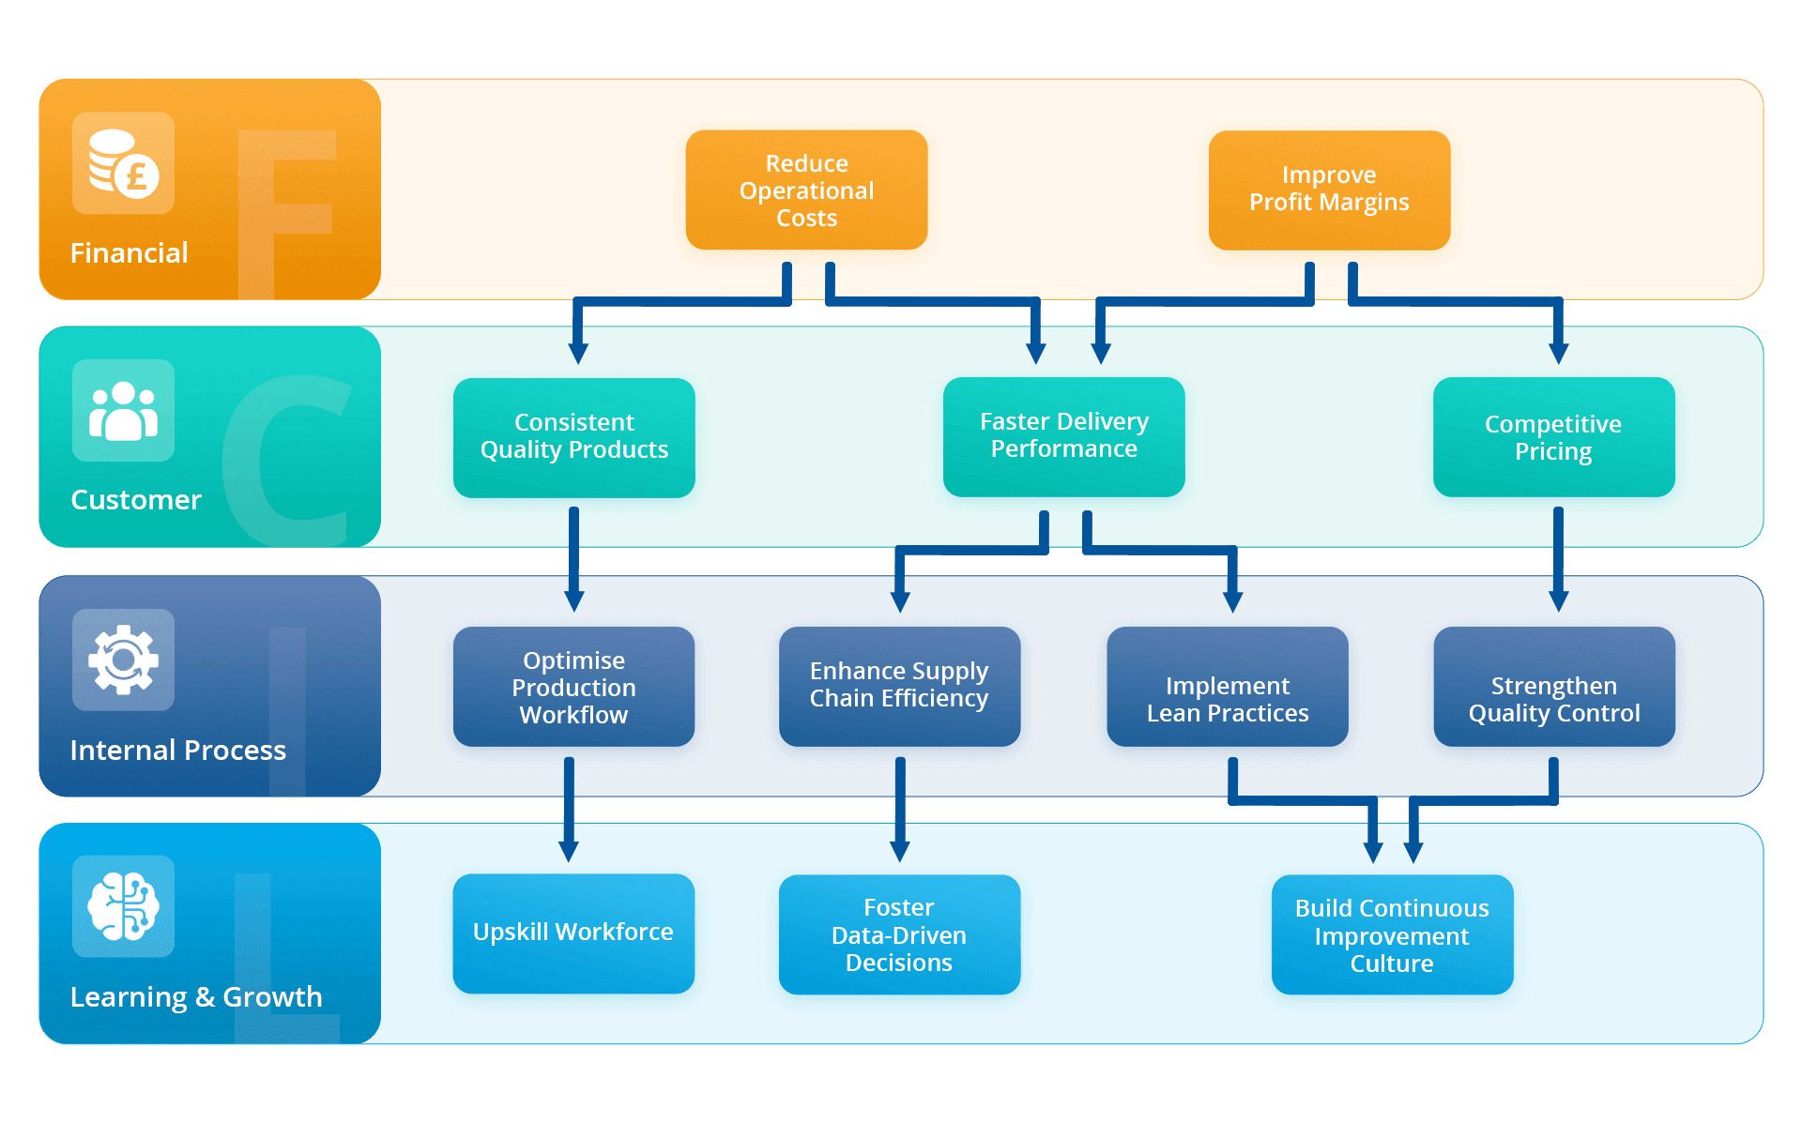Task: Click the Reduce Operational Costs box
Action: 806,190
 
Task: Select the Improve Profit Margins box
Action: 1329,190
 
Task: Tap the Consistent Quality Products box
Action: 573,437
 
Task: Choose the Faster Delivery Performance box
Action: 1063,436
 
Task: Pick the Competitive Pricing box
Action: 1553,437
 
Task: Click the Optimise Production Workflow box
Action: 573,687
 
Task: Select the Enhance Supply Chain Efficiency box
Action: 899,687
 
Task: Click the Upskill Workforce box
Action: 573,933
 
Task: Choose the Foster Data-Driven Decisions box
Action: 899,934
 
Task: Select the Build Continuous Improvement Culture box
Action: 1392,934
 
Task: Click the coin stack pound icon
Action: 123,163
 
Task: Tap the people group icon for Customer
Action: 123,411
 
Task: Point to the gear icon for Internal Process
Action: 123,660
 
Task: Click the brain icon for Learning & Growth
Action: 123,906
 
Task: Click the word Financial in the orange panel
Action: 129,252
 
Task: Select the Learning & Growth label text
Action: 195,996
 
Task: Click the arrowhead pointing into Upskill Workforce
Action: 569,851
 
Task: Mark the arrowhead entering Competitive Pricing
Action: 1559,354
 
